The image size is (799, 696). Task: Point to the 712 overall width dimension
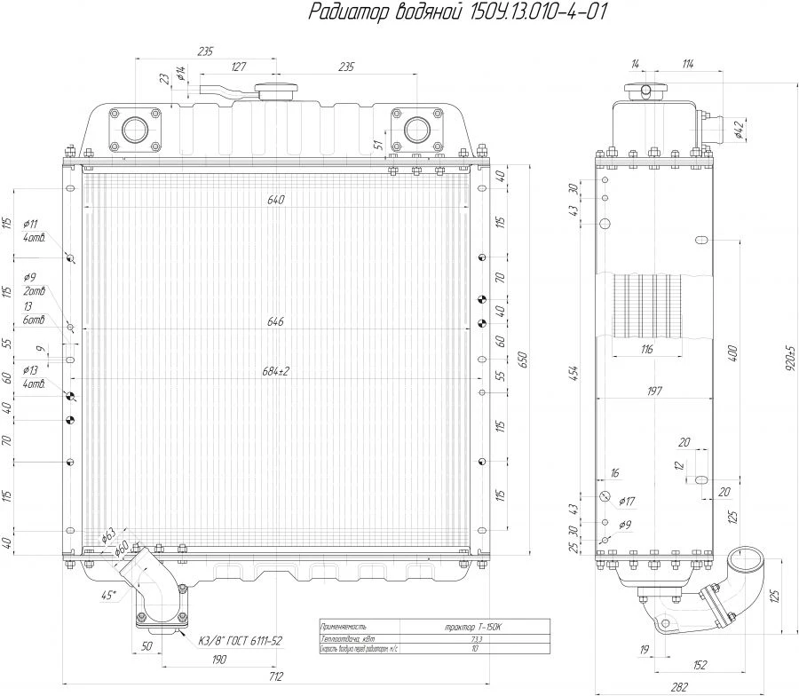(x=275, y=676)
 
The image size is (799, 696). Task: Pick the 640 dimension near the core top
(x=275, y=200)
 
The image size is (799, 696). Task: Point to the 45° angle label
(x=107, y=596)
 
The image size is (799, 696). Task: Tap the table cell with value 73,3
(x=476, y=639)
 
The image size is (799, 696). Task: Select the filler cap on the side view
(x=642, y=91)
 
